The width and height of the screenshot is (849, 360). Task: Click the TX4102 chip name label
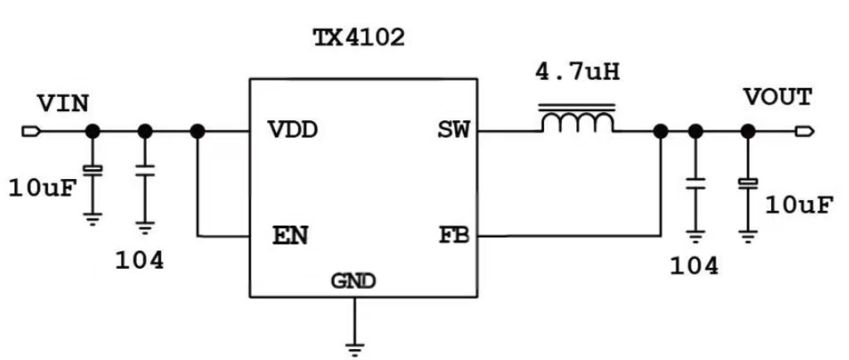[358, 37]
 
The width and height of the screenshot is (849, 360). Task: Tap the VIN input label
[63, 104]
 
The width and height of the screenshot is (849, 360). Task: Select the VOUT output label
[777, 98]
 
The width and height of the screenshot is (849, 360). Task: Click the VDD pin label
[294, 130]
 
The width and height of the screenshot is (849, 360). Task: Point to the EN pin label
[290, 236]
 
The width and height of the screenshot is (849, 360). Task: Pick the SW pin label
[453, 130]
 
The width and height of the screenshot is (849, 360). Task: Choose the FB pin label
[453, 236]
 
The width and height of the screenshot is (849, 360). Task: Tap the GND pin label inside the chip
[354, 281]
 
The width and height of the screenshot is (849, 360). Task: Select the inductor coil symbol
[577, 120]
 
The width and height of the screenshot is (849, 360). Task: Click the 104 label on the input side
[139, 260]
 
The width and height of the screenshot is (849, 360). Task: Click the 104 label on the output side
[694, 265]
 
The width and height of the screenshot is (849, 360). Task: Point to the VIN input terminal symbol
[30, 131]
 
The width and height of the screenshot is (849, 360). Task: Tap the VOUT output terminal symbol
[803, 131]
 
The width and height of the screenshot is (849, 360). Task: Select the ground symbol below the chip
[355, 347]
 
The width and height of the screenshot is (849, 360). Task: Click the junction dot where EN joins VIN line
[197, 131]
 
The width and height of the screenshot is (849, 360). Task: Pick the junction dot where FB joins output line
[661, 131]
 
